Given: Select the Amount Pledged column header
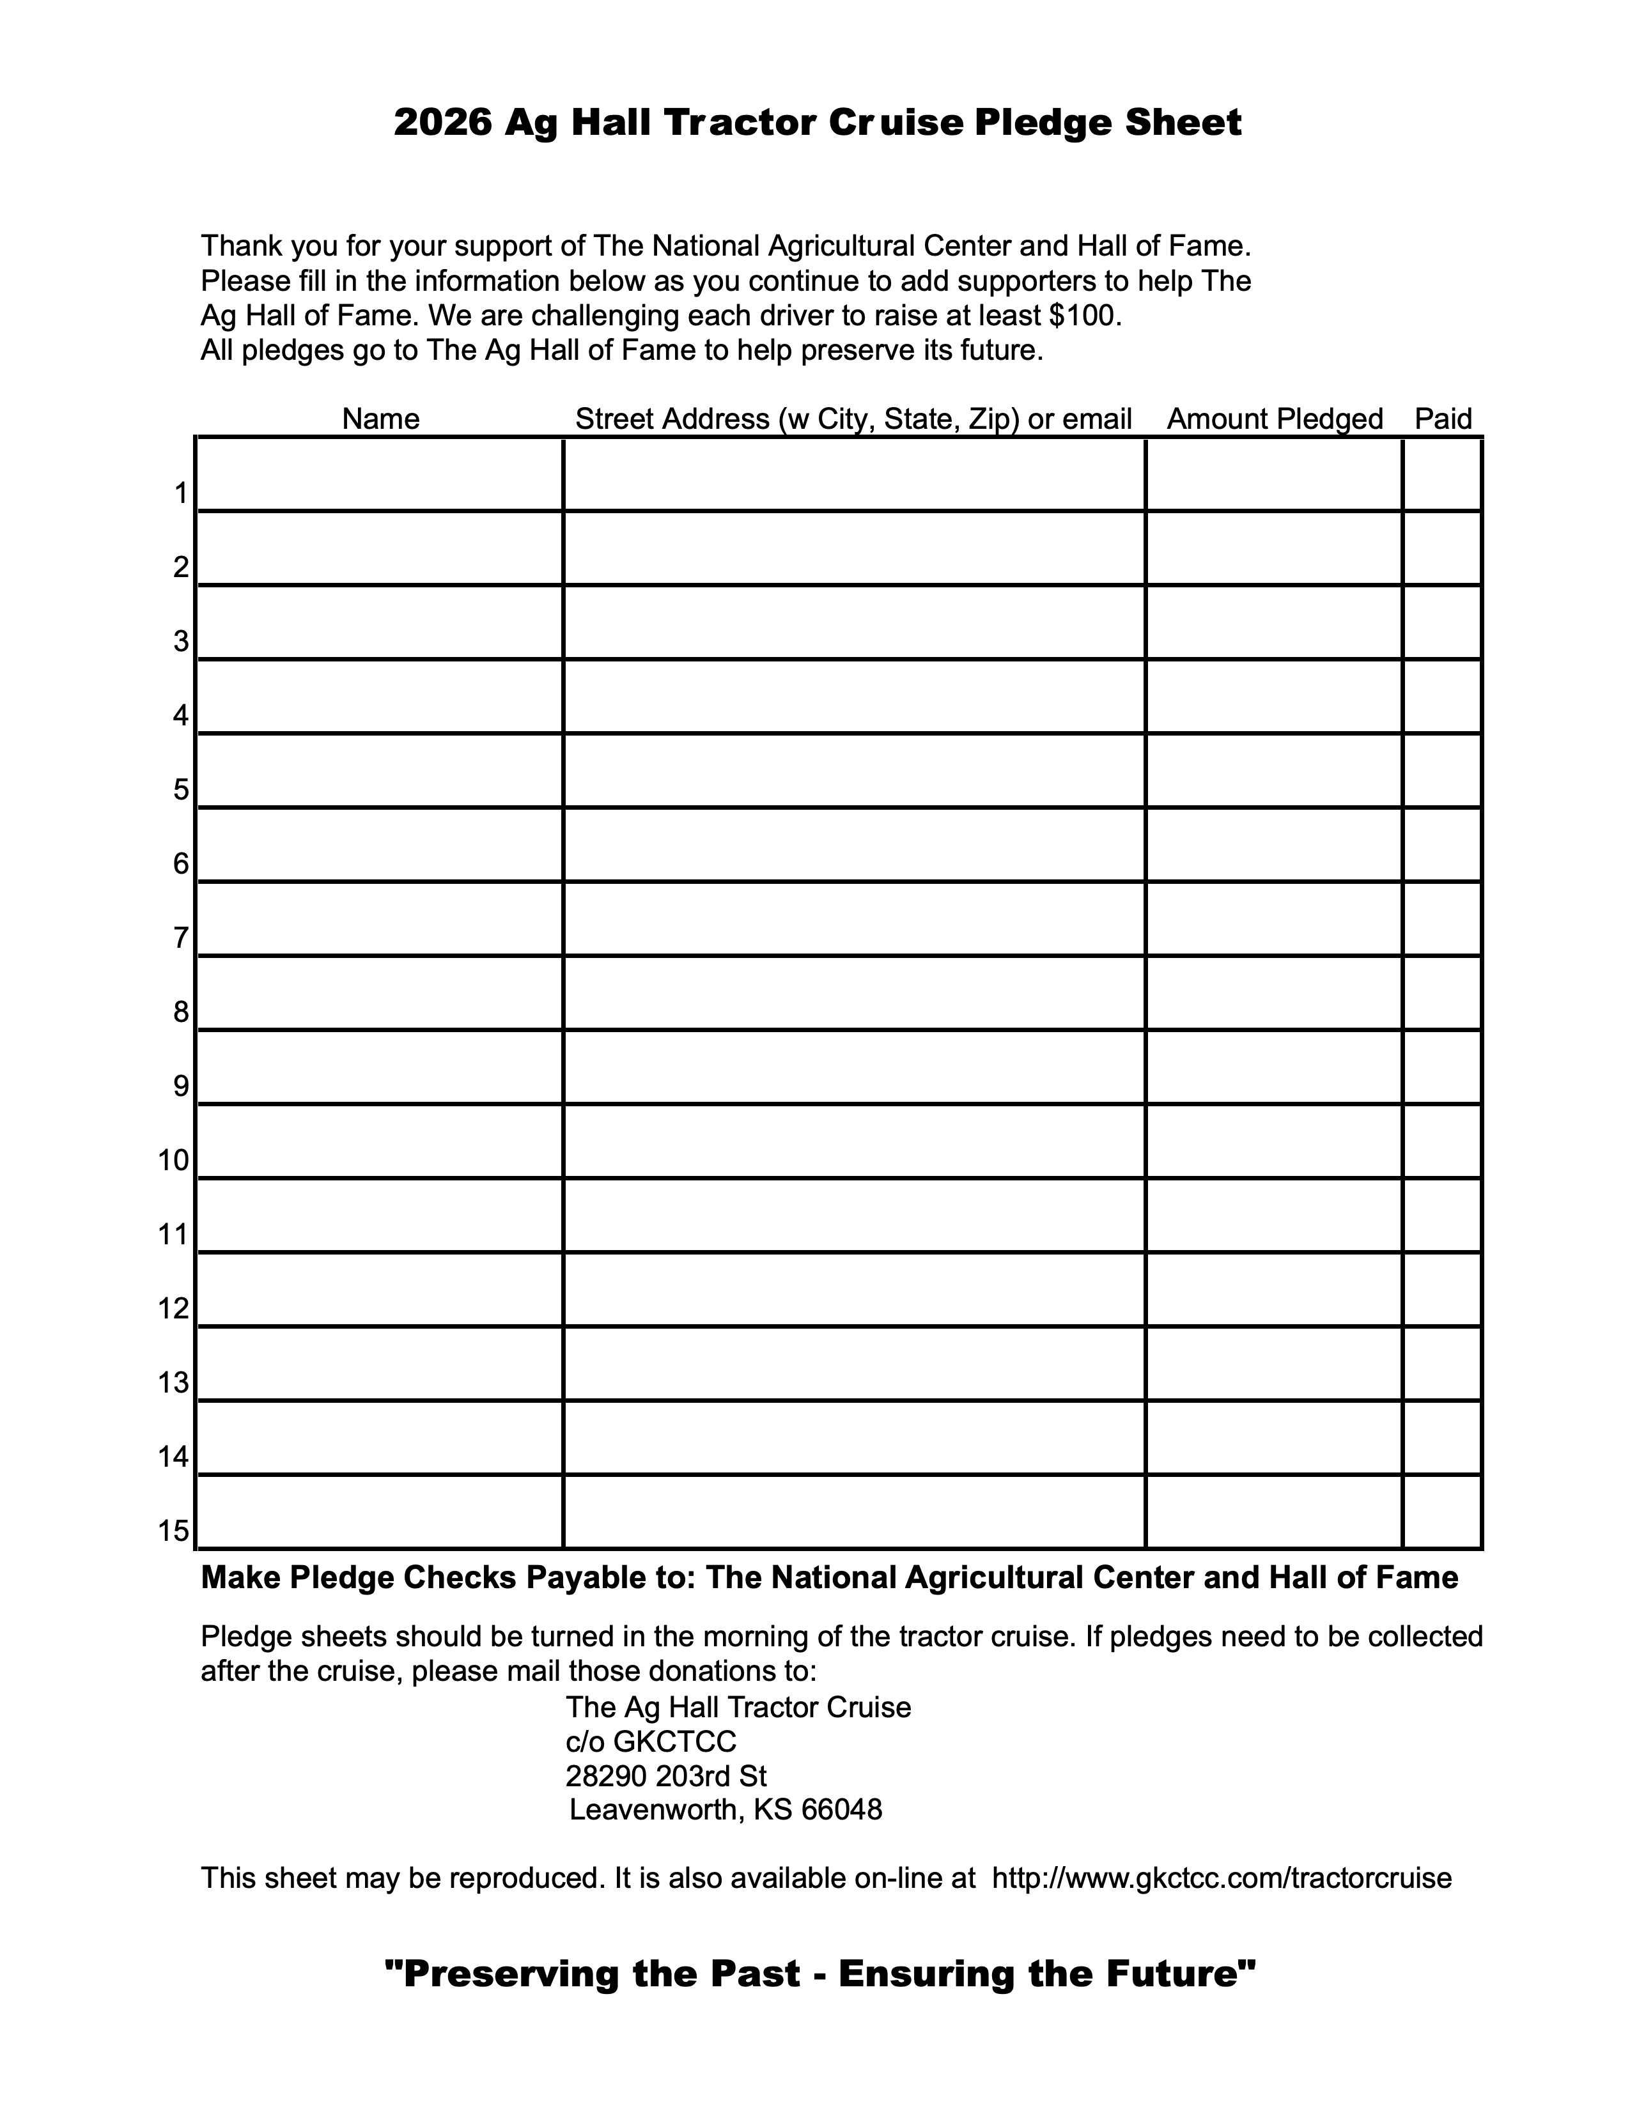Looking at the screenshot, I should pyautogui.click(x=1275, y=419).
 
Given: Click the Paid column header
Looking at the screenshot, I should pyautogui.click(x=1443, y=419).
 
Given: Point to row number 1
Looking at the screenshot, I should pyautogui.click(x=180, y=493).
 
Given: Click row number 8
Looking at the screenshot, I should pyautogui.click(x=180, y=1012).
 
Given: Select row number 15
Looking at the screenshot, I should pyautogui.click(x=174, y=1531).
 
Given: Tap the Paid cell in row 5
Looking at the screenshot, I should pyautogui.click(x=1441, y=771).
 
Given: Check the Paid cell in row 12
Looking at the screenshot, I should pyautogui.click(x=1441, y=1290).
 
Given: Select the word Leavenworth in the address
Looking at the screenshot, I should pyautogui.click(x=654, y=1810).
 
